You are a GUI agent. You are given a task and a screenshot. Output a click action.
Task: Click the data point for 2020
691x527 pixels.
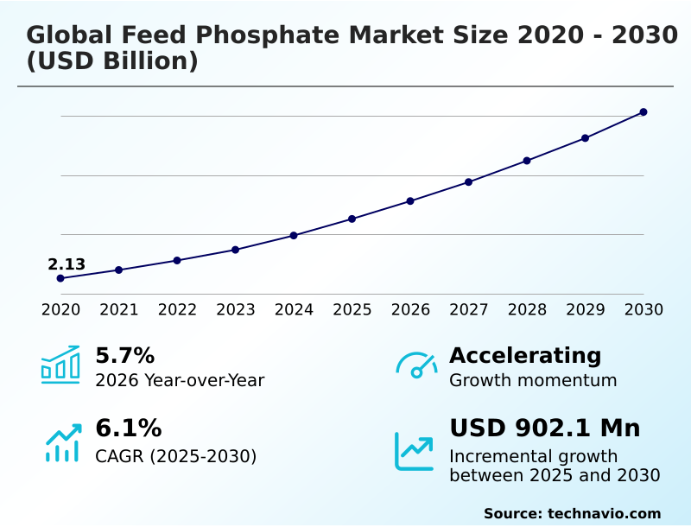coord(60,278)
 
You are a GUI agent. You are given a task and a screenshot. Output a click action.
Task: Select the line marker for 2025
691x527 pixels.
coord(352,219)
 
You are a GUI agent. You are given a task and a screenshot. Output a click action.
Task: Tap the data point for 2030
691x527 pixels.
coord(643,112)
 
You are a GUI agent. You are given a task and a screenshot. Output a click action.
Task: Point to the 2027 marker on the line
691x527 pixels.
coord(469,182)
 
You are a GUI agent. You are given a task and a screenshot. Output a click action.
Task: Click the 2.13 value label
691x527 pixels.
coord(67,264)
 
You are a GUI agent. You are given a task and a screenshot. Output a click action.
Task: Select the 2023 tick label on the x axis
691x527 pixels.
coord(236,309)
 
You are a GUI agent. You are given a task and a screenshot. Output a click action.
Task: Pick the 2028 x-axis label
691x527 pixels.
coord(527,309)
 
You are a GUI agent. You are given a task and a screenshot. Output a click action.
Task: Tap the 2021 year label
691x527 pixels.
coord(119,309)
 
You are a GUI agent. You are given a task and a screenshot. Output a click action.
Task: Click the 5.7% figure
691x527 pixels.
coord(124,355)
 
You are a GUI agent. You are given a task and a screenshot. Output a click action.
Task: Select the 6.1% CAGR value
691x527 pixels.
coord(128,428)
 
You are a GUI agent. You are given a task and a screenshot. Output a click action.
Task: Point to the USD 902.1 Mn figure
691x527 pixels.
coord(544,428)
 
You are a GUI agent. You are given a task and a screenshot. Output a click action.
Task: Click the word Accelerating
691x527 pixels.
coord(525,355)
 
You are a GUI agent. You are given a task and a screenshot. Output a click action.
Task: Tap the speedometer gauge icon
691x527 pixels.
coord(416,365)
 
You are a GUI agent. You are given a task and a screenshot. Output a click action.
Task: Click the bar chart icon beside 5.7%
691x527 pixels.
coord(60,365)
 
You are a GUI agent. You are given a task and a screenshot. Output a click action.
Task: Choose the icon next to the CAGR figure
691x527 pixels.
coord(62,442)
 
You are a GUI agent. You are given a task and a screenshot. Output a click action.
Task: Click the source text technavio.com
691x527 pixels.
coord(604,513)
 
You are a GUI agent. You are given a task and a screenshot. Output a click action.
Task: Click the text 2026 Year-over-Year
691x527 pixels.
coord(180,380)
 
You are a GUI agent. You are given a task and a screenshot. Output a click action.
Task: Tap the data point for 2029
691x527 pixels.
coord(585,138)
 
